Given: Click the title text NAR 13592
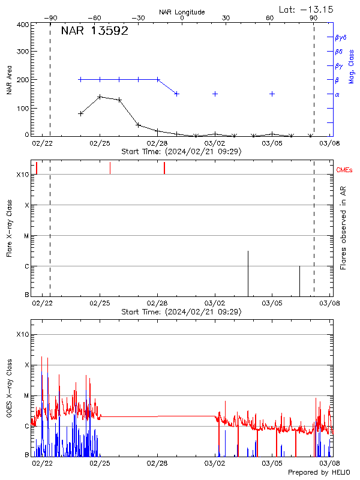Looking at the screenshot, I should pyautogui.click(x=94, y=32).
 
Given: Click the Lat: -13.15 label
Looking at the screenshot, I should pyautogui.click(x=307, y=9).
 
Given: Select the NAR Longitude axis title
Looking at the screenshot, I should pyautogui.click(x=182, y=11).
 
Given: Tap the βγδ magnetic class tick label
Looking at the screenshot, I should pyautogui.click(x=341, y=37).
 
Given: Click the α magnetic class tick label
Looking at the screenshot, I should pyautogui.click(x=337, y=94).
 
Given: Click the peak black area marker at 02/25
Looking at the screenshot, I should pyautogui.click(x=100, y=97).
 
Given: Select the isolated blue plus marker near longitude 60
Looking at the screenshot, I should pyautogui.click(x=272, y=94).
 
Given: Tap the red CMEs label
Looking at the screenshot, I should pyautogui.click(x=345, y=171).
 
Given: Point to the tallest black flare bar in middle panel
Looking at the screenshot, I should pyautogui.click(x=248, y=273).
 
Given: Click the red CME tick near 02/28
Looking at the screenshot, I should pyautogui.click(x=164, y=168).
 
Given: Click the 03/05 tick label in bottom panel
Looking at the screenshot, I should pyautogui.click(x=272, y=463).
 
